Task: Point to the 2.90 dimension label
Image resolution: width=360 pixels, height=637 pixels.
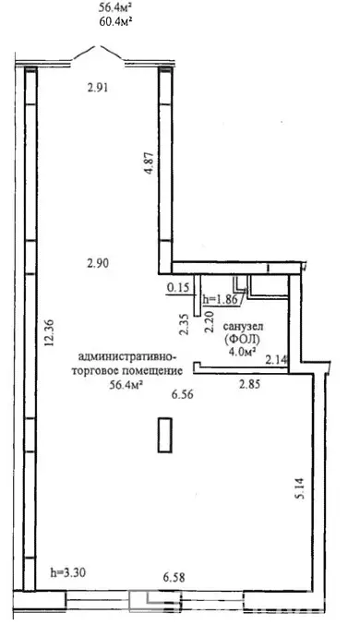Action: tap(99, 263)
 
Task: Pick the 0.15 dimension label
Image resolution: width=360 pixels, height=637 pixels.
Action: tap(178, 288)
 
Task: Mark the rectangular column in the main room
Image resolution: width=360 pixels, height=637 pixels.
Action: tap(164, 434)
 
